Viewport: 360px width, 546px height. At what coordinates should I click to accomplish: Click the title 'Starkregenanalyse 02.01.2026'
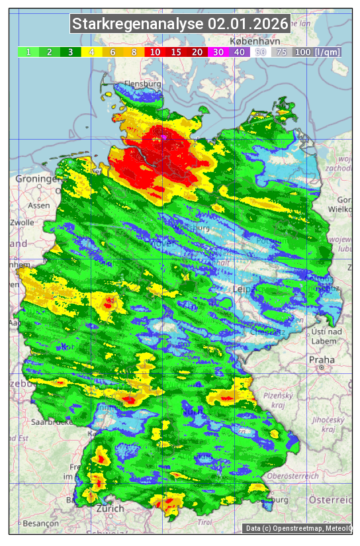180,24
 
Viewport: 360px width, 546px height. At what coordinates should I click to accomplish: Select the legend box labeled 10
155,52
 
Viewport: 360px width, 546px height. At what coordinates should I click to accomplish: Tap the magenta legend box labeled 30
218,52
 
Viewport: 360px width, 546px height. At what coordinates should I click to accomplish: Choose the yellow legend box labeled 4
92,52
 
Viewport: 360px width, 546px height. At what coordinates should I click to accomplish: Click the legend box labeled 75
281,52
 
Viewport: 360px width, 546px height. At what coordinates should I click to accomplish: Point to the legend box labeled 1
28,52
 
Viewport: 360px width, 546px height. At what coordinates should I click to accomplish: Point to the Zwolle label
21,223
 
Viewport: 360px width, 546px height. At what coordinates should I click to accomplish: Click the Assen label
39,206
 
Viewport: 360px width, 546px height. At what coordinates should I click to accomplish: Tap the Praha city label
321,359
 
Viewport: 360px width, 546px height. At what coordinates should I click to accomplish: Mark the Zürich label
110,508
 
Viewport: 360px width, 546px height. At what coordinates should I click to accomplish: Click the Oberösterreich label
294,477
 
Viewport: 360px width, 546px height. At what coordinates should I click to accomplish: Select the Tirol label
204,522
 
